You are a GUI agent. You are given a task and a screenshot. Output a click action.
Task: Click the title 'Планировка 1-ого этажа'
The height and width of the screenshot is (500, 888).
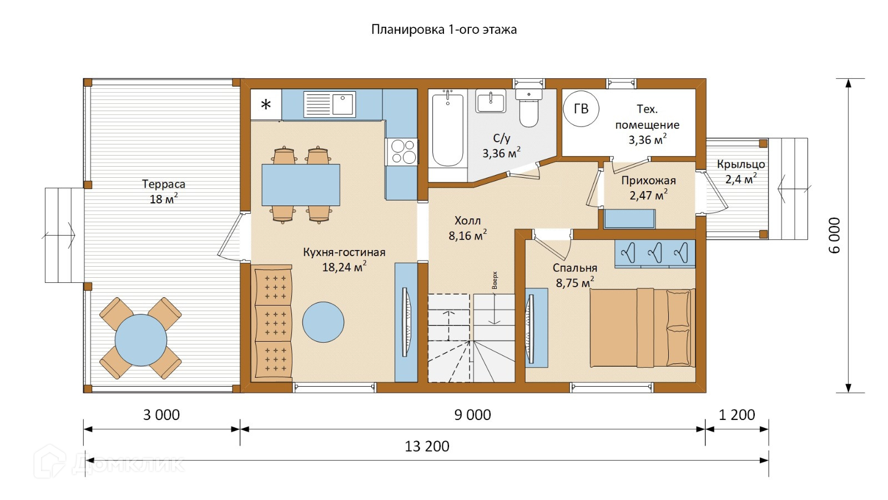tap(443, 30)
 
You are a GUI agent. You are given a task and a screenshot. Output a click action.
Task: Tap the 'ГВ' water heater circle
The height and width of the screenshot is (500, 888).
tap(581, 109)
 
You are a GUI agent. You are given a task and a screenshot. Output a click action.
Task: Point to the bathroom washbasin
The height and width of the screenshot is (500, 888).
tap(491, 101)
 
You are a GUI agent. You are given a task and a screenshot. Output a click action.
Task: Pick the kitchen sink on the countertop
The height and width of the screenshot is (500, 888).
tap(330, 104)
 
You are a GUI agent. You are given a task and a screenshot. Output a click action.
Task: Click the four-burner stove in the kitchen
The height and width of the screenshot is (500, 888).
tap(401, 152)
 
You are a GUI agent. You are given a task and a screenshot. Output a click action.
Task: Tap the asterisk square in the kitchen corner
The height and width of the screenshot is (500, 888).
tap(266, 104)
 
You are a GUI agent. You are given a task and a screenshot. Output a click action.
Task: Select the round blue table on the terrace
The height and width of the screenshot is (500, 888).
tap(141, 340)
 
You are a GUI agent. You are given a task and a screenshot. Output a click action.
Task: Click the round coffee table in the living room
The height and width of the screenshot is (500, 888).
tap(323, 322)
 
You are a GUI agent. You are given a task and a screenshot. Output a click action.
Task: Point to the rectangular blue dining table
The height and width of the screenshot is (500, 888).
tap(300, 185)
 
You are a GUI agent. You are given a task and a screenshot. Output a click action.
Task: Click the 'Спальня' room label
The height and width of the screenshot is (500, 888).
tap(575, 268)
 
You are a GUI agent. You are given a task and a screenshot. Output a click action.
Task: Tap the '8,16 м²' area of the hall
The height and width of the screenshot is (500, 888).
tap(468, 236)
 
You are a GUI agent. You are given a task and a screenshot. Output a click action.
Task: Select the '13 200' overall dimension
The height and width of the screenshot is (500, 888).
tap(427, 447)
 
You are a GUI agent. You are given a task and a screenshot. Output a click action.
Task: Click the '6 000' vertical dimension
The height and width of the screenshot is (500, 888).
tap(835, 236)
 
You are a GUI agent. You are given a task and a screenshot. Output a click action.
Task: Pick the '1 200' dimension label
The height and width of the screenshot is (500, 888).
tap(736, 415)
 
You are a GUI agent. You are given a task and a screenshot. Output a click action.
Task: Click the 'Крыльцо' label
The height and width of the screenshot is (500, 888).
tap(741, 164)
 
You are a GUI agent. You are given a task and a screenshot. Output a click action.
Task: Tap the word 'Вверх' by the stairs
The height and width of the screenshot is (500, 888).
tap(495, 280)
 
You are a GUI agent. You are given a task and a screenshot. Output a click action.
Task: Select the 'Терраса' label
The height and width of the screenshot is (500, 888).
tap(163, 184)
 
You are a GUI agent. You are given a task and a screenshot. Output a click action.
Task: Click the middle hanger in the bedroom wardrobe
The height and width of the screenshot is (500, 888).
tap(654, 252)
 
